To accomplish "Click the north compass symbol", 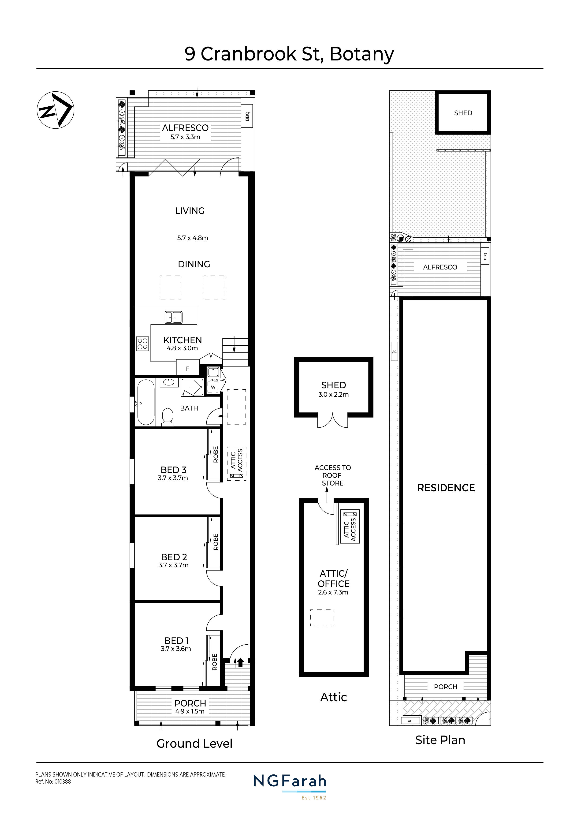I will pos(56,110).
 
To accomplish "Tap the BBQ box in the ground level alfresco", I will pos(247,116).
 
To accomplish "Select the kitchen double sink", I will pos(174,317).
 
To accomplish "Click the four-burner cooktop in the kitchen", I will pos(142,344).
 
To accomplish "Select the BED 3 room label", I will pos(173,470).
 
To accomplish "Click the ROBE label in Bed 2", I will pos(216,542).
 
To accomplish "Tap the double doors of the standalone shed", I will pos(333,420).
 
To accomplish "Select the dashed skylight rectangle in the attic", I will pos(322,618).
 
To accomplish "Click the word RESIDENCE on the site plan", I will pos(446,488).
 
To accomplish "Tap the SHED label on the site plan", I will pos(463,113).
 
